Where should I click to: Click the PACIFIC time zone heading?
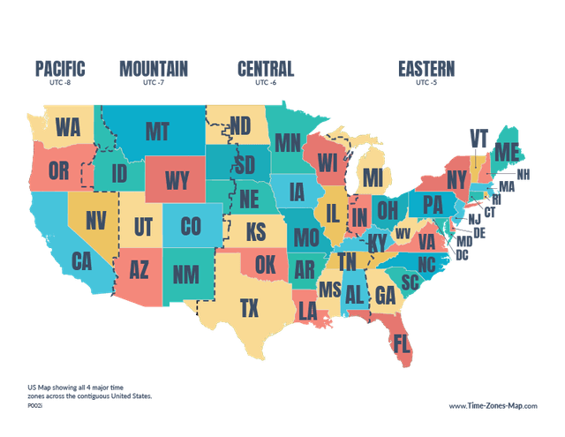59,68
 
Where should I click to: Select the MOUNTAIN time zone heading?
154,68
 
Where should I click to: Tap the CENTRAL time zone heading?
265,68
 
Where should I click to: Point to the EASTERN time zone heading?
426,68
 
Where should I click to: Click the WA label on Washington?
67,127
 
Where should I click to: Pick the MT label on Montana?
156,132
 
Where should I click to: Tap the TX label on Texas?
250,307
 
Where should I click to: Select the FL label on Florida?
403,342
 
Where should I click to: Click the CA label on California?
81,261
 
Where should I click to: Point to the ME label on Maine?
507,152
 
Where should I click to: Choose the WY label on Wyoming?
177,181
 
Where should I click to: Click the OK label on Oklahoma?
265,263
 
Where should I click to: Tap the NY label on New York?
456,180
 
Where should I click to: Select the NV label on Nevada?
95,220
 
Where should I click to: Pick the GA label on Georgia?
385,297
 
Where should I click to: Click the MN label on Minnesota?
287,143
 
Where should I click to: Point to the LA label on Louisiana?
307,311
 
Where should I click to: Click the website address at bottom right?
493,406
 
